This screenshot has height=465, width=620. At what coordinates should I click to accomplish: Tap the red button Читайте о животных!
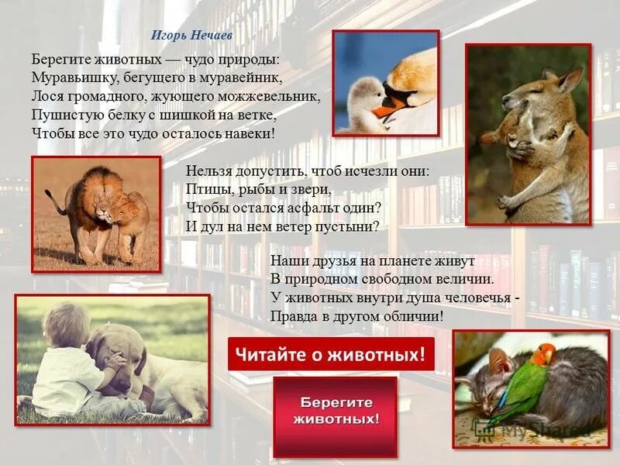pos(331,355)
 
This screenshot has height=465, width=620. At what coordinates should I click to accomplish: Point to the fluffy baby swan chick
pos(364,101)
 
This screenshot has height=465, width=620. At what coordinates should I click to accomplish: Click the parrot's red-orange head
pos(543,355)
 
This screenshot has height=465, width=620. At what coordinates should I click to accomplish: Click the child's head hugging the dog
pos(67,325)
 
